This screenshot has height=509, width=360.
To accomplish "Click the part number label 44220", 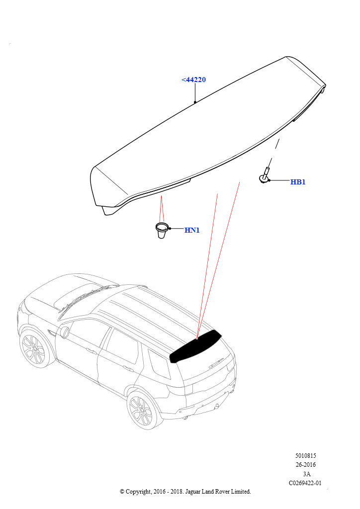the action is coord(194,80).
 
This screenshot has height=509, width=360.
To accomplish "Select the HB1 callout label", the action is coord(298,182).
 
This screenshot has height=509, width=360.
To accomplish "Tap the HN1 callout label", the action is coord(192,230).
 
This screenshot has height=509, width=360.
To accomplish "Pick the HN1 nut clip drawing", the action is coord(161,230).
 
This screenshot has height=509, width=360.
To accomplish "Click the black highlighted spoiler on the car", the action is coord(195,346).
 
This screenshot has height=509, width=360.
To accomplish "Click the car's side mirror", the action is coord(65,333).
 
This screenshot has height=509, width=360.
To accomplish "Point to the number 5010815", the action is coord(305,456).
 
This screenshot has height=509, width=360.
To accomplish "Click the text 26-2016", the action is coord(305,465).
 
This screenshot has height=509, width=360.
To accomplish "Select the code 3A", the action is coord(306,474).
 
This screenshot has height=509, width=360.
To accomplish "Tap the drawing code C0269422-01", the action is coord(305,483).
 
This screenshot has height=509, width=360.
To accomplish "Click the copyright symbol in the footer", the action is coord(122,492).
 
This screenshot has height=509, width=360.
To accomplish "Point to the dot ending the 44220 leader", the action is coord(195,102).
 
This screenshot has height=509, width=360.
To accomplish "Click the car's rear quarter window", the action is coord(159,363).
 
